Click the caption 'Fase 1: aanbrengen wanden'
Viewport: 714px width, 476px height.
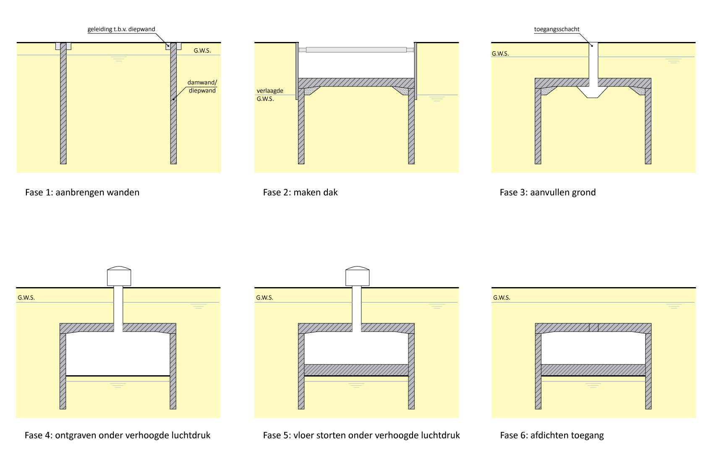[82, 192]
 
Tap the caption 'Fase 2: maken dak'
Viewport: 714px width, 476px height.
[300, 192]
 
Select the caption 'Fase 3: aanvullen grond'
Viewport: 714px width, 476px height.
[547, 192]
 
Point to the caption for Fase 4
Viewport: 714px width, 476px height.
[118, 435]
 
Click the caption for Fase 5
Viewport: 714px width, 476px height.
[361, 435]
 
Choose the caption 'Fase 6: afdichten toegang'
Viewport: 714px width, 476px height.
[552, 435]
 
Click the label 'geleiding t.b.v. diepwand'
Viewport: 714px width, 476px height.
[121, 29]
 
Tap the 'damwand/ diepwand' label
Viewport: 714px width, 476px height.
[202, 86]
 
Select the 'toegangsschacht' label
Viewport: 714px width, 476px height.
[557, 29]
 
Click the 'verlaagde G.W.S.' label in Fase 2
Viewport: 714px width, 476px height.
[269, 94]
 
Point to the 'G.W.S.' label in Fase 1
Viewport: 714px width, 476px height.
[202, 50]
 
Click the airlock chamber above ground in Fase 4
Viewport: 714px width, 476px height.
[119, 276]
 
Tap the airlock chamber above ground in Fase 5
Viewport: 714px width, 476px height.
[357, 276]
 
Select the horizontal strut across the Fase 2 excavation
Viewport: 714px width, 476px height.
[356, 50]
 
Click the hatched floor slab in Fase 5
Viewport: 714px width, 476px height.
[356, 370]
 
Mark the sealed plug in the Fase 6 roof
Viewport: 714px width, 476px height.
[594, 327]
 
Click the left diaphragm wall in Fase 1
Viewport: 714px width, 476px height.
[63, 105]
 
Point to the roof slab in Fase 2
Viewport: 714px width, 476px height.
[356, 82]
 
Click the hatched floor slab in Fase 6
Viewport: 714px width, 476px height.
[593, 370]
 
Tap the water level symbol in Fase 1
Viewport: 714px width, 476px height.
[118, 59]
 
